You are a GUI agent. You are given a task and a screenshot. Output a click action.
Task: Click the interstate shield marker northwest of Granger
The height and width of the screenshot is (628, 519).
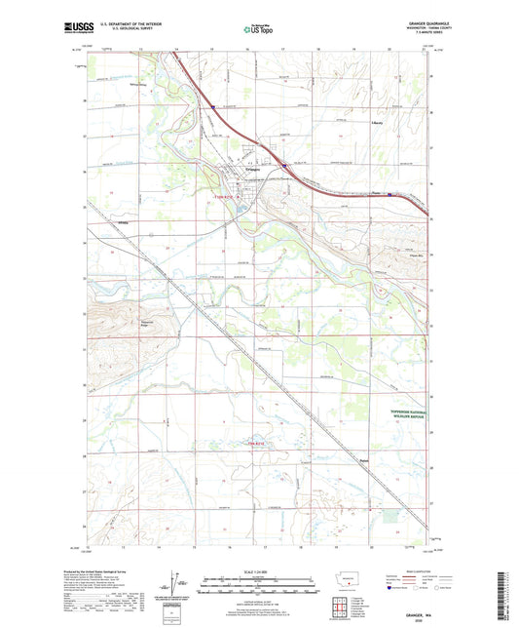[213, 107]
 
